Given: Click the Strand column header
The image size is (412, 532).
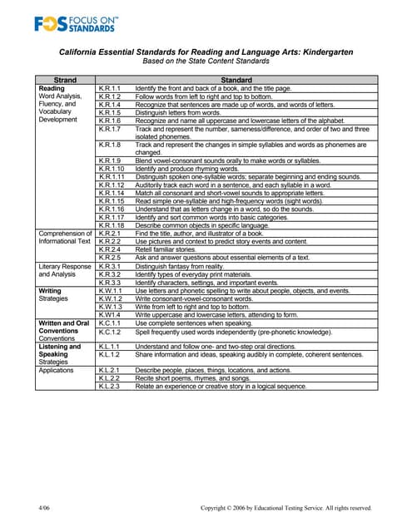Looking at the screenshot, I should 65,80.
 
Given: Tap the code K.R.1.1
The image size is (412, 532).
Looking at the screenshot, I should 109,88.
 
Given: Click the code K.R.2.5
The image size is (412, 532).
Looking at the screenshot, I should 109,258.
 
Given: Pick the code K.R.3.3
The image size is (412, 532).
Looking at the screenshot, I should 109,282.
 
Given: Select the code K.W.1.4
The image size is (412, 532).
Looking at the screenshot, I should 109,314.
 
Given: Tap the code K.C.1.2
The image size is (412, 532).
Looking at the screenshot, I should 109,332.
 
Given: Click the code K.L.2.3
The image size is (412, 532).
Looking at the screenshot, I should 109,387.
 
